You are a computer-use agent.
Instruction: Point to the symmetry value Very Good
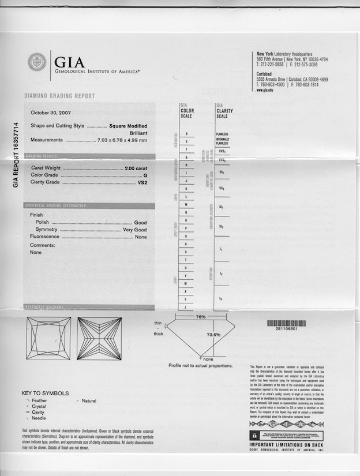click(135, 230)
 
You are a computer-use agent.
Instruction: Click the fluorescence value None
click(141, 237)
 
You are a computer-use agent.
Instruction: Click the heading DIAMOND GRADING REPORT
click(59, 96)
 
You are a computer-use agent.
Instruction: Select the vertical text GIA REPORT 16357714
click(16, 154)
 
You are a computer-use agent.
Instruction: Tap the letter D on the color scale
click(186, 134)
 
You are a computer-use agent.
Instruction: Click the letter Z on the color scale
click(186, 308)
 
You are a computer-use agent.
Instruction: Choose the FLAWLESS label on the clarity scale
click(222, 134)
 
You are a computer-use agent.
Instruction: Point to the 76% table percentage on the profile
click(201, 317)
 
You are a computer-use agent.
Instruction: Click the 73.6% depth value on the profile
click(213, 335)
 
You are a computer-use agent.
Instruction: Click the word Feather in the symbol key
click(40, 400)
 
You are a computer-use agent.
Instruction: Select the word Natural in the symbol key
click(89, 400)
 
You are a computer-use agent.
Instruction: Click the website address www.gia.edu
click(265, 90)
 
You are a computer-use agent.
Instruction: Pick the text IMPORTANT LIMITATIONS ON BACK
click(286, 445)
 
